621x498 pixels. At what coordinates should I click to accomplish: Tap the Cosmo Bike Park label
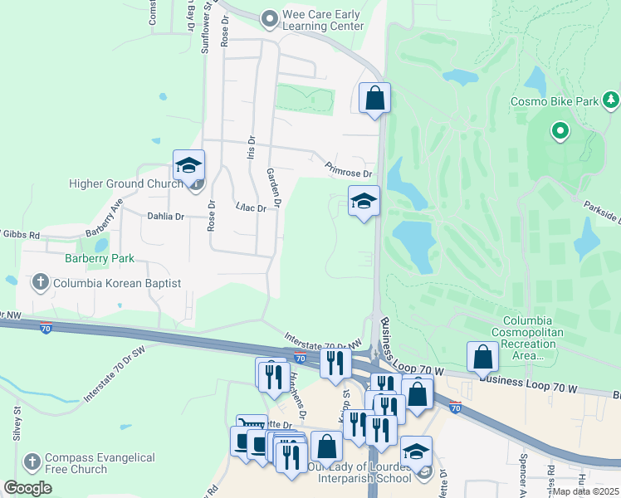[554, 101]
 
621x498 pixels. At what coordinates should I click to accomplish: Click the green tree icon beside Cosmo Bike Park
[612, 101]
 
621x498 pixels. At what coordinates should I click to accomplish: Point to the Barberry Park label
[100, 258]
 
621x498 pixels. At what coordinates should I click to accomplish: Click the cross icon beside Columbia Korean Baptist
[39, 283]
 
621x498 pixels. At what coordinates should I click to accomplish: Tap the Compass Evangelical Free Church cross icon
[32, 461]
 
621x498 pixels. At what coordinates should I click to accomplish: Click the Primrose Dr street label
[349, 169]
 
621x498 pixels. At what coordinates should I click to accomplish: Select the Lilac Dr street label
[250, 207]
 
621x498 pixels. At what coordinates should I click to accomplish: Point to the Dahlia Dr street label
[164, 216]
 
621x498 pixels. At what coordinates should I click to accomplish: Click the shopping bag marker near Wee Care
[374, 98]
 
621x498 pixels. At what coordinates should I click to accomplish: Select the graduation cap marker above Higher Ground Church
[188, 164]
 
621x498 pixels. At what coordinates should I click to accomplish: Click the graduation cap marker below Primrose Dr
[363, 202]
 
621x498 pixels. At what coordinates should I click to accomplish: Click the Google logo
[27, 488]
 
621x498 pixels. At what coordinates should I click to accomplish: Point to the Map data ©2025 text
[585, 491]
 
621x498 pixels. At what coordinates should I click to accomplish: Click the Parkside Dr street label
[602, 211]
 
